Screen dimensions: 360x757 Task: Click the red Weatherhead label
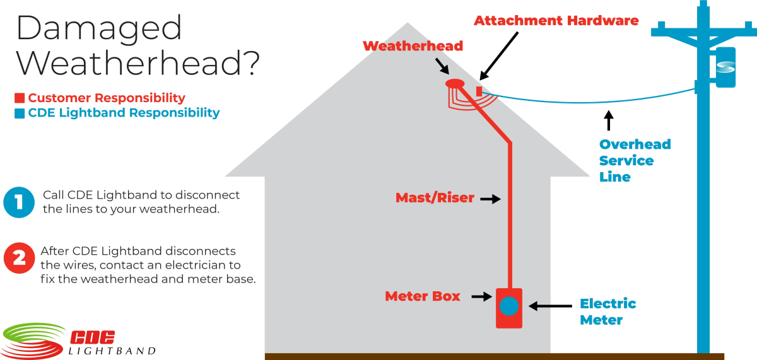[413, 46]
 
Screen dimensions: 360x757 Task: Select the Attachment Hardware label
[556, 21]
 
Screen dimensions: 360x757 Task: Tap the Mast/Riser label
[435, 198]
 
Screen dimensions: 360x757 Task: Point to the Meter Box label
[423, 296]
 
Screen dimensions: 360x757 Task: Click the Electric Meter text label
[607, 311]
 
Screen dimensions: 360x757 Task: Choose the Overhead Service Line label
[634, 160]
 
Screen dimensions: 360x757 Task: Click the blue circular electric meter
[508, 306]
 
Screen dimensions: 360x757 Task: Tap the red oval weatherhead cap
[455, 84]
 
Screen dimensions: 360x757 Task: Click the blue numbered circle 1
[20, 202]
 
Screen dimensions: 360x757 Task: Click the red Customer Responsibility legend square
[20, 98]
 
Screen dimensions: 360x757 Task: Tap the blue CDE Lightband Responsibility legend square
[20, 113]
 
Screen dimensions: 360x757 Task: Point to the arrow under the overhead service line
[608, 120]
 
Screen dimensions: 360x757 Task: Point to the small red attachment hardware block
[479, 92]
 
